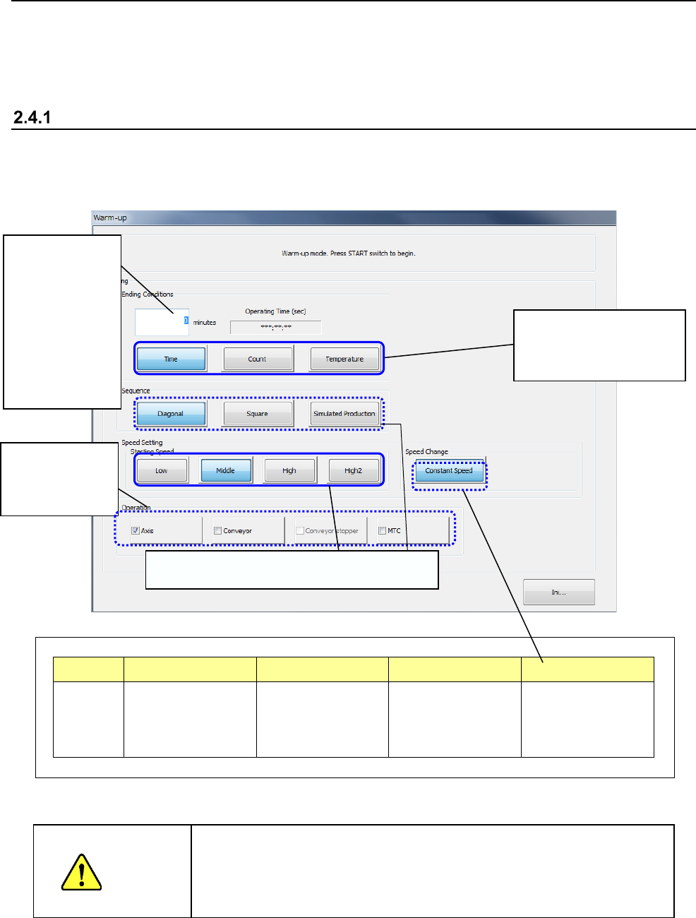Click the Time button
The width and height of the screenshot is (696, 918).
pyautogui.click(x=171, y=359)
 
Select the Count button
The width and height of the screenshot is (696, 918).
pyautogui.click(x=257, y=359)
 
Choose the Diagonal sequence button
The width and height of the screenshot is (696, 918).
pyautogui.click(x=171, y=414)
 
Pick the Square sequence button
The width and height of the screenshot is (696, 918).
pyautogui.click(x=257, y=414)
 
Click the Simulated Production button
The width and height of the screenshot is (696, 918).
pyautogui.click(x=344, y=414)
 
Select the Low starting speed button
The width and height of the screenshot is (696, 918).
pyautogui.click(x=162, y=470)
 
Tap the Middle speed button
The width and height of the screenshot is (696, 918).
pyautogui.click(x=226, y=470)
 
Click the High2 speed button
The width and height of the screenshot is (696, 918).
pyautogui.click(x=353, y=470)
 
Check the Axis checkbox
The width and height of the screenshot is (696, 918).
pyautogui.click(x=136, y=531)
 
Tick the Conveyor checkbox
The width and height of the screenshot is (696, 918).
pyautogui.click(x=218, y=531)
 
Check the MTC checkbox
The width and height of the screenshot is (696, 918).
pyautogui.click(x=383, y=531)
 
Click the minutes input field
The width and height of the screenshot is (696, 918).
pyautogui.click(x=162, y=321)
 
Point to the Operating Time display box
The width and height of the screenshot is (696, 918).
pyautogui.click(x=275, y=327)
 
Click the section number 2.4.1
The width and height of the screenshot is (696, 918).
pyautogui.click(x=32, y=117)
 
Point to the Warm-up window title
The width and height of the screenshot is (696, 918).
pyautogui.click(x=110, y=217)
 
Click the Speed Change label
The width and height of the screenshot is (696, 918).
pyautogui.click(x=426, y=452)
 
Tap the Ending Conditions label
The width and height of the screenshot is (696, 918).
pyautogui.click(x=148, y=294)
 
